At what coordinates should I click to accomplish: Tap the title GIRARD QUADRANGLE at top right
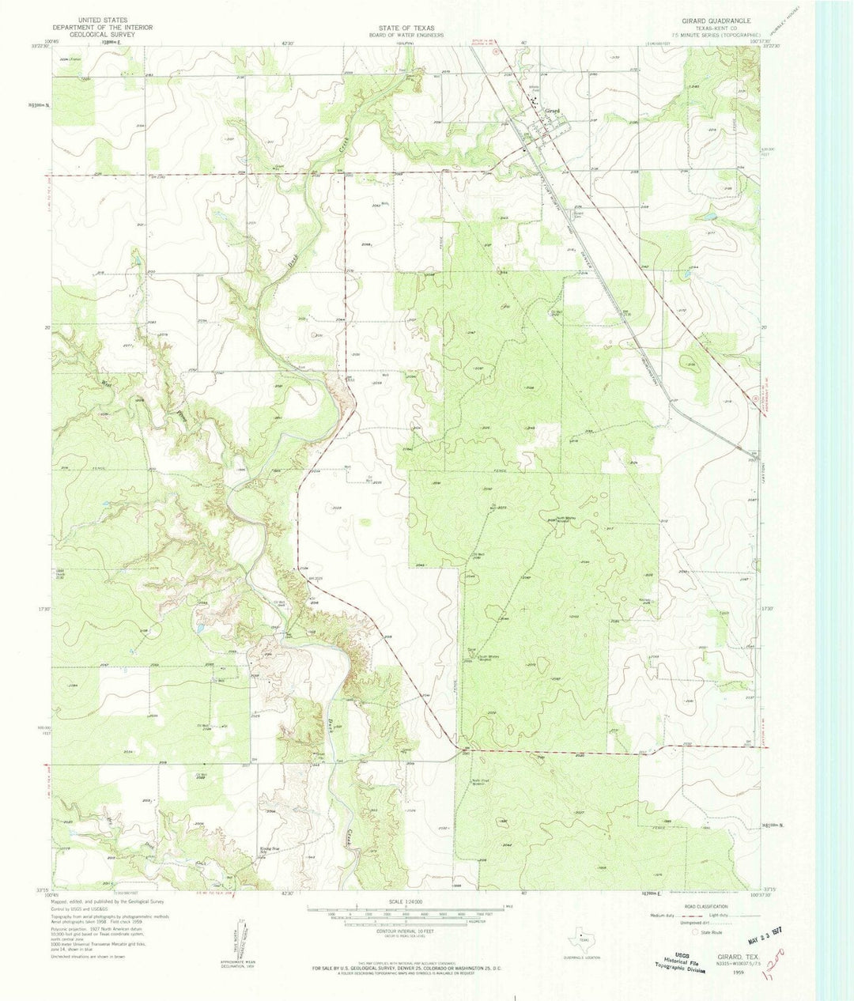pos(711,19)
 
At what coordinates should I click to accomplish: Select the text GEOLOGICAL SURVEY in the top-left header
pos(100,35)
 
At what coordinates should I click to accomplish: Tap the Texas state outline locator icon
pos(581,940)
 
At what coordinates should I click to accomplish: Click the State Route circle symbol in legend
pos(696,932)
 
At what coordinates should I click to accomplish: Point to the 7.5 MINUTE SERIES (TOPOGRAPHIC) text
pos(716,35)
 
